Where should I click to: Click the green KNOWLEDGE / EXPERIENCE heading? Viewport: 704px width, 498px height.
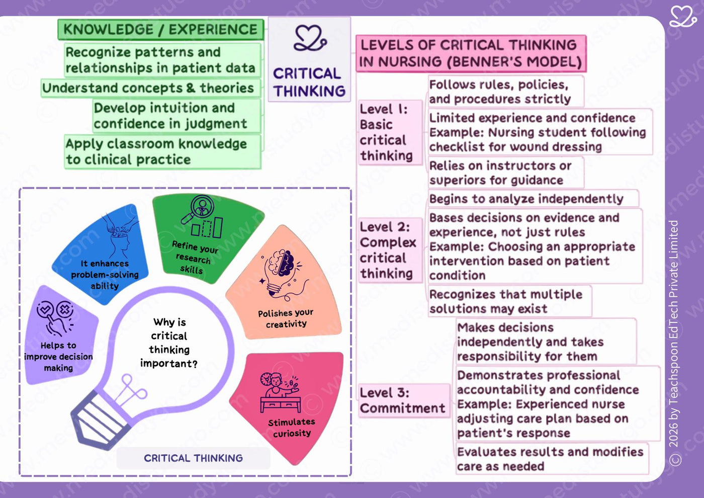tap(160, 30)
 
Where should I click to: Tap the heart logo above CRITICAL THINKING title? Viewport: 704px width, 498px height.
tap(310, 38)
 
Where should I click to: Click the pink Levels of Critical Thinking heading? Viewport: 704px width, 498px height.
tap(471, 53)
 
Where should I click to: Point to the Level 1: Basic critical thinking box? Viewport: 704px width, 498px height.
tap(390, 132)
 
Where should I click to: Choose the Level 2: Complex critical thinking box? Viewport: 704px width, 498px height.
tap(390, 251)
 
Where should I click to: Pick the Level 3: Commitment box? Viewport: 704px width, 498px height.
tap(404, 400)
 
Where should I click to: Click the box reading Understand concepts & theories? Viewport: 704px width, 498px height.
tap(151, 88)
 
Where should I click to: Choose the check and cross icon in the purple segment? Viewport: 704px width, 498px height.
tap(55, 318)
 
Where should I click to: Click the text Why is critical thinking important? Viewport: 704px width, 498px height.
tap(169, 343)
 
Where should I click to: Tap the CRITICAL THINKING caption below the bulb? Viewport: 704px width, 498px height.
tap(193, 458)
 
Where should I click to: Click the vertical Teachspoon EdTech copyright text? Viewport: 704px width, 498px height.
tap(674, 343)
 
